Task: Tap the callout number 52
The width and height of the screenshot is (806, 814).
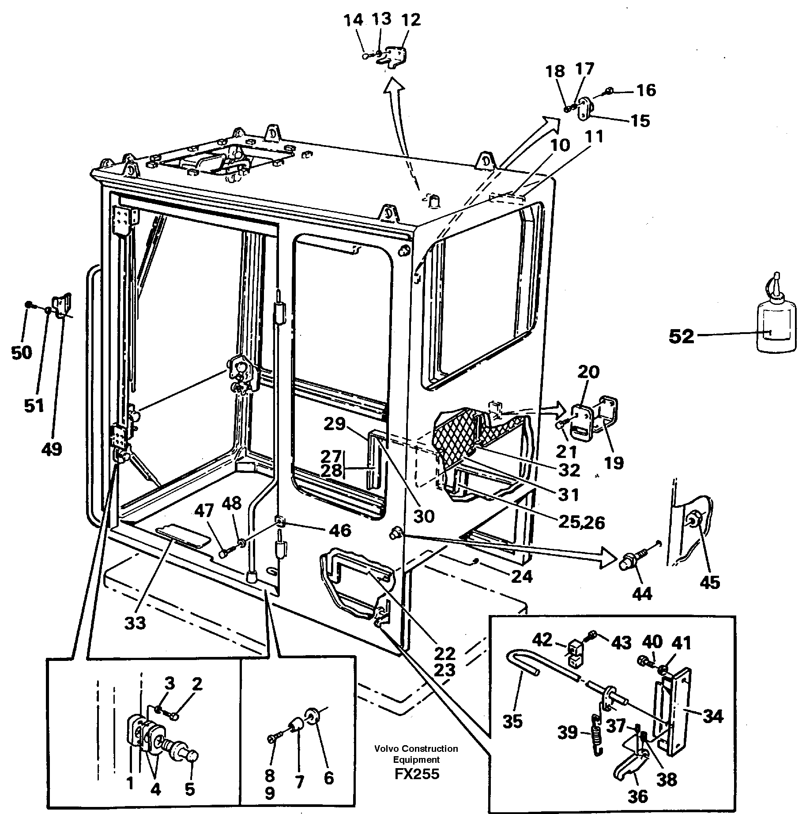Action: [x=682, y=337]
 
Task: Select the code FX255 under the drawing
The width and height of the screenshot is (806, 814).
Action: [x=417, y=774]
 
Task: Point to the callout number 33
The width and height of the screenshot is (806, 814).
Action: [x=135, y=623]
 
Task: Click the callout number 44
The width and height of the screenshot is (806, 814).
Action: [x=642, y=594]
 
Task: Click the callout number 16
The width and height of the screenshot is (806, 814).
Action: [x=646, y=90]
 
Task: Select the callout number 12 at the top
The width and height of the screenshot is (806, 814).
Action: [x=411, y=20]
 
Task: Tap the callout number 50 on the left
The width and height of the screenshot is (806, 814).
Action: [x=22, y=353]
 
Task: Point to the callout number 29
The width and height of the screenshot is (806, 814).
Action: [x=334, y=424]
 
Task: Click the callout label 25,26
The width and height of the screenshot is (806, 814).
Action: [x=580, y=522]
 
